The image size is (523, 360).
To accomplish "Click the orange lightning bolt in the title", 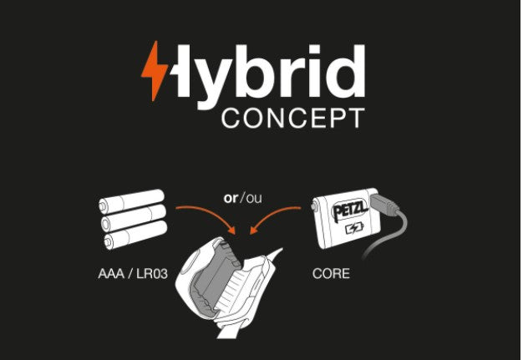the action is (x=154, y=71).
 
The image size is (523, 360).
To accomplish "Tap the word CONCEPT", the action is (x=293, y=119).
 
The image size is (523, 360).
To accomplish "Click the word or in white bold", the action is (x=231, y=198).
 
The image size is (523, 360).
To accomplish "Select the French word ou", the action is (x=254, y=199).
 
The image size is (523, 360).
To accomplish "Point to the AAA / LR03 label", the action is (x=133, y=274).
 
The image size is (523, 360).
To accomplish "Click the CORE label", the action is (x=331, y=274).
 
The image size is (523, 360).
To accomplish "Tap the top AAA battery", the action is (x=131, y=200).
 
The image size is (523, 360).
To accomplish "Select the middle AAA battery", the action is (x=134, y=217).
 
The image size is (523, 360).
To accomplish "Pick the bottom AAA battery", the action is (x=135, y=235).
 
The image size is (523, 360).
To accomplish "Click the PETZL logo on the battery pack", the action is (x=350, y=210).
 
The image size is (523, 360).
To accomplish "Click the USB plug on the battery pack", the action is (x=384, y=204).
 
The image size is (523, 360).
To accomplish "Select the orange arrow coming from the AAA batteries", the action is (x=210, y=214).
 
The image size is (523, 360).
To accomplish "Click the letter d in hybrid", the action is (x=346, y=71).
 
